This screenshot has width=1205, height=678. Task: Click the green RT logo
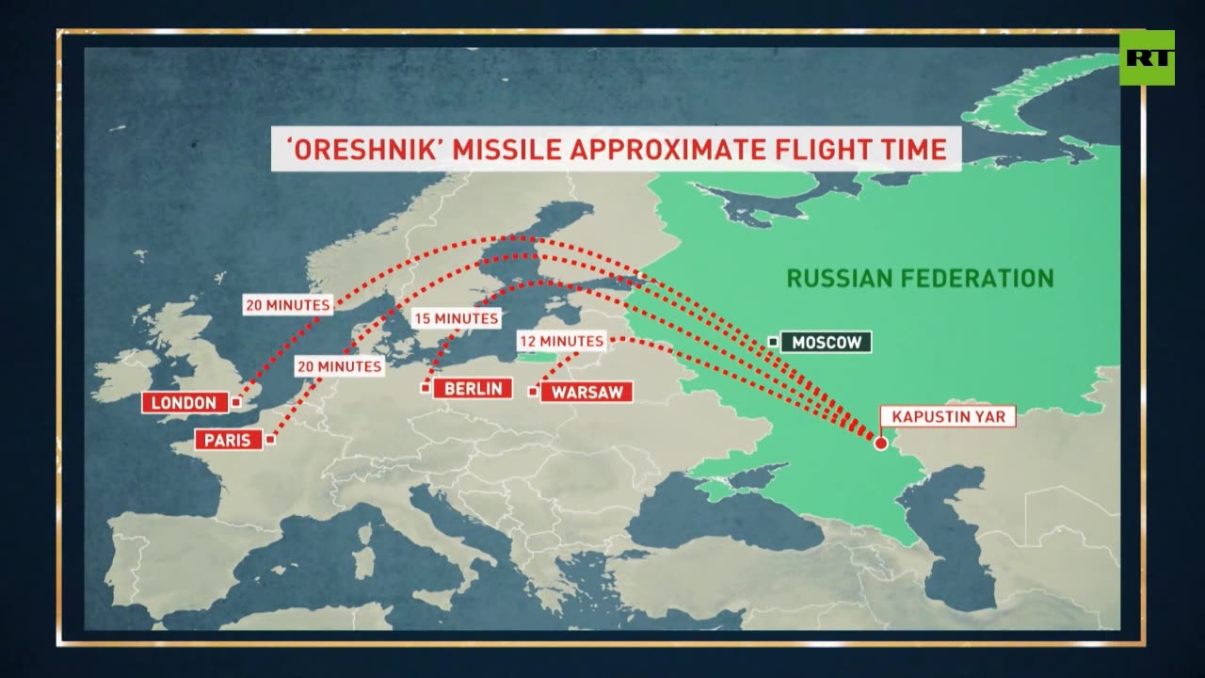click(1147, 57)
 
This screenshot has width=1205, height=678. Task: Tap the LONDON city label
click(185, 403)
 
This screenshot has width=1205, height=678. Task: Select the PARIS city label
click(228, 439)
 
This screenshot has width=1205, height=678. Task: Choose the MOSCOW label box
click(826, 342)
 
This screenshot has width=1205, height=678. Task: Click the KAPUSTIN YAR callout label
click(948, 416)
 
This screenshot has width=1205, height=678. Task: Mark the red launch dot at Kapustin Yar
click(881, 444)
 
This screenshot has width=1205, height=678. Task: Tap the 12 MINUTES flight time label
click(561, 341)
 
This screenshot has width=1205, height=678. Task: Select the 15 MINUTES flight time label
click(456, 318)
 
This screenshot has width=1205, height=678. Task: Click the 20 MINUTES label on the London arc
click(287, 305)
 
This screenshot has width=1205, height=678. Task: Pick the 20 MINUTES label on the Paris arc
click(339, 366)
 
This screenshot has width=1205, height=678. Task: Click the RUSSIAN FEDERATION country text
click(920, 278)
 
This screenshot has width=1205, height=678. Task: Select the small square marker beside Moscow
click(773, 342)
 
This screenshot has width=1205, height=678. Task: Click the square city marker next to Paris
click(270, 439)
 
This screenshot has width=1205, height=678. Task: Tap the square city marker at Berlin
click(426, 388)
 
